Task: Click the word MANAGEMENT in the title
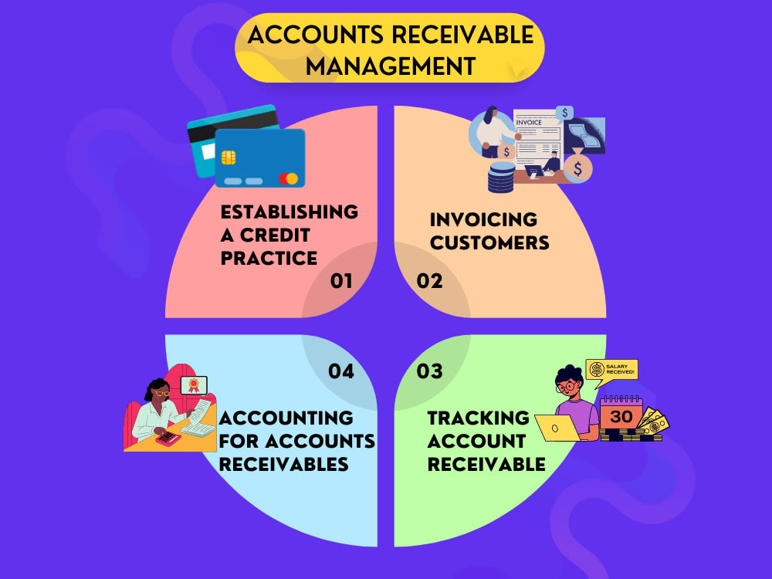(391, 66)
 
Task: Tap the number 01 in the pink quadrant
(341, 281)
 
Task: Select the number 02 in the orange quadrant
(429, 281)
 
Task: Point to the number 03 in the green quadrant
(429, 371)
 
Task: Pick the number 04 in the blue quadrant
(341, 371)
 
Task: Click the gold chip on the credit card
(229, 157)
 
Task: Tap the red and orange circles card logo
(288, 178)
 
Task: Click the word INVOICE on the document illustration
(529, 122)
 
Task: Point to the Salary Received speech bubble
(611, 371)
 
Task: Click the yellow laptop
(559, 428)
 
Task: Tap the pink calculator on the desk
(168, 438)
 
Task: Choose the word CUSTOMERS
(489, 242)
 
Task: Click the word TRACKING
(478, 418)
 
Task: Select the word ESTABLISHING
(289, 212)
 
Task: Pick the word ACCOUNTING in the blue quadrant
(286, 418)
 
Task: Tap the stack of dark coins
(501, 178)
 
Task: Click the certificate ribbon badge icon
(194, 384)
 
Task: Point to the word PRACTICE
(269, 258)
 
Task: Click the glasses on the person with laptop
(567, 386)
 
